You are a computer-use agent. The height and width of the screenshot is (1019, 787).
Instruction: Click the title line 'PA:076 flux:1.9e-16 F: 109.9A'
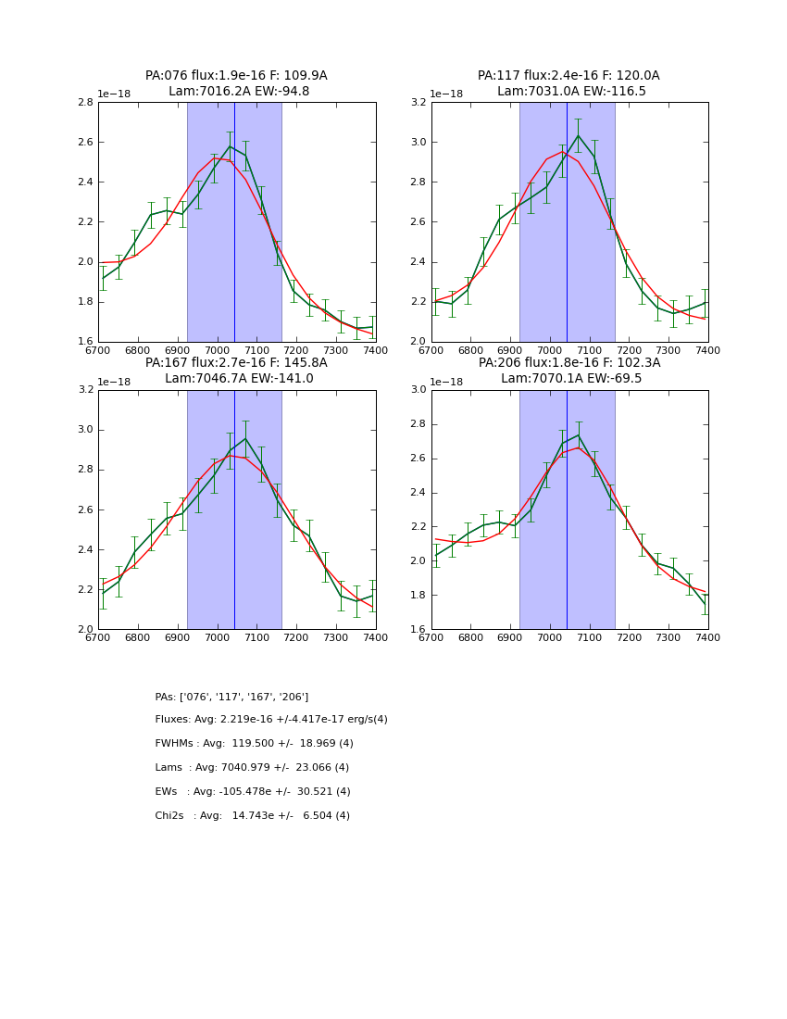click(x=236, y=76)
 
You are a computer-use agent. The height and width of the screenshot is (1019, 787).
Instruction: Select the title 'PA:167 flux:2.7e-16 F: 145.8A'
click(x=236, y=362)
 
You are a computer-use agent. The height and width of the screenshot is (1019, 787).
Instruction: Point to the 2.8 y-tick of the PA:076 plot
click(x=85, y=103)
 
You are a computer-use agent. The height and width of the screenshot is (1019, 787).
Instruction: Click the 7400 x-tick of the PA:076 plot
click(x=375, y=351)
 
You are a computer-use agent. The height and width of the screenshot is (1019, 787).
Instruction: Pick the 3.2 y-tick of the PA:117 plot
click(x=418, y=103)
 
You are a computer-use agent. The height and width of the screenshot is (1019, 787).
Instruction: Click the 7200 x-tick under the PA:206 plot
click(x=629, y=638)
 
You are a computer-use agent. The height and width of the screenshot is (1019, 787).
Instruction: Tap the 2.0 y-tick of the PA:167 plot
click(x=85, y=629)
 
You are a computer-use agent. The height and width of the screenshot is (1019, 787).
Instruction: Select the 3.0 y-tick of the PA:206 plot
click(x=418, y=390)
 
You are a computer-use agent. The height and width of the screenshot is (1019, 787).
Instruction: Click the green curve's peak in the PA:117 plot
click(x=578, y=135)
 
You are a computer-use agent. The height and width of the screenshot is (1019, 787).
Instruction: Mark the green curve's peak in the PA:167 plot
click(x=245, y=438)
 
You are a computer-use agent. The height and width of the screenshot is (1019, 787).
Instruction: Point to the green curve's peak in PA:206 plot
click(x=578, y=435)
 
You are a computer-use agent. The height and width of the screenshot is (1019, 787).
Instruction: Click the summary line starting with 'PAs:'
click(x=231, y=697)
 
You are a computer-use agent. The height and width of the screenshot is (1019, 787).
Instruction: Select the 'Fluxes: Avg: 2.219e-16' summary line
click(x=271, y=720)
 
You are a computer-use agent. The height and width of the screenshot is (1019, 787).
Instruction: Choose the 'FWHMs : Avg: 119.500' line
click(x=254, y=744)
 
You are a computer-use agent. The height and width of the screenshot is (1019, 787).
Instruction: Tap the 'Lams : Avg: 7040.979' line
click(x=252, y=768)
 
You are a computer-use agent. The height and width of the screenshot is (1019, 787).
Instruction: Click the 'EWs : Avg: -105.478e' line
click(x=253, y=792)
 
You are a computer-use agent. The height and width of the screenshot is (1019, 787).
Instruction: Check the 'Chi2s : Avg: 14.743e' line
click(x=252, y=816)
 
